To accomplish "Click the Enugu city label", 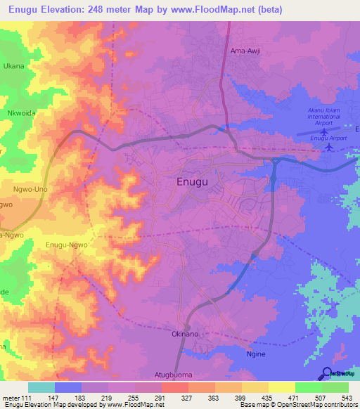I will pos(191,183).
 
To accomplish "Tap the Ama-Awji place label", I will pos(245,51).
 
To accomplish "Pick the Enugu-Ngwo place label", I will pos(67,244).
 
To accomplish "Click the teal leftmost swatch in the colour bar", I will pos(41,387).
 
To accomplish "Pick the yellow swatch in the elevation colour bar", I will pos(282,387).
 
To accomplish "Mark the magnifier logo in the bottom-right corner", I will pos(328,373).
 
